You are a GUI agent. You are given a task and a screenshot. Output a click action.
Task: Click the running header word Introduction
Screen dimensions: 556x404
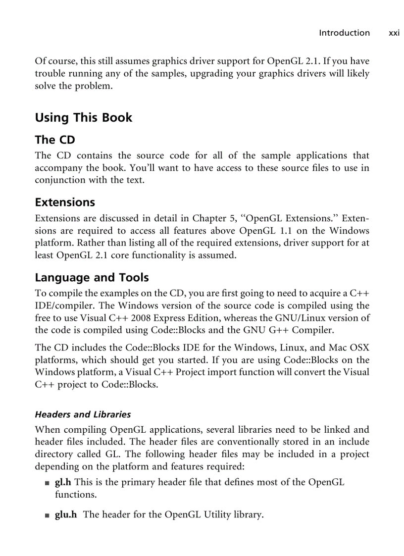pyautogui.click(x=344, y=33)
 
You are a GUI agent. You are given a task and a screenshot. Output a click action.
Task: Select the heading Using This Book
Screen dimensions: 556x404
pyautogui.click(x=83, y=118)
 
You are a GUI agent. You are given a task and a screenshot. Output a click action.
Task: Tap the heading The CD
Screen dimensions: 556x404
pyautogui.click(x=54, y=140)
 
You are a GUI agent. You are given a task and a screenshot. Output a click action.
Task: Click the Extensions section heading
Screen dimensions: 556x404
pyautogui.click(x=64, y=202)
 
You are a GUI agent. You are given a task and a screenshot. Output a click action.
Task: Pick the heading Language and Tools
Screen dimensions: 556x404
pyautogui.click(x=92, y=278)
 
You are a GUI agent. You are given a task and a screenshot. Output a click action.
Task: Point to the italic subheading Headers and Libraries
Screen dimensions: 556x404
pyautogui.click(x=83, y=414)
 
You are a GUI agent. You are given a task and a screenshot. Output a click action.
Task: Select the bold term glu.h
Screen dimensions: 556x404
pyautogui.click(x=65, y=515)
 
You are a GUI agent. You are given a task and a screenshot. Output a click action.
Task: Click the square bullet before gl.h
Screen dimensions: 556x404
pyautogui.click(x=47, y=483)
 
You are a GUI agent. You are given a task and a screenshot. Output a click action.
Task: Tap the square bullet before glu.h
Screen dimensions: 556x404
pyautogui.click(x=47, y=516)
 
